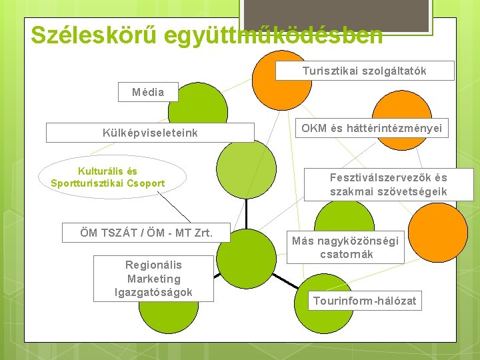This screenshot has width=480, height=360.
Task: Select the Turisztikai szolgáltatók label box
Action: pos(364,71)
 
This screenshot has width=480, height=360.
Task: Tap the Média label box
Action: pos(148,92)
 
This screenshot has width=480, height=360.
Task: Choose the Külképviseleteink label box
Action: pos(150,133)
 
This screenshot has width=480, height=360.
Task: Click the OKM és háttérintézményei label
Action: pos(371,129)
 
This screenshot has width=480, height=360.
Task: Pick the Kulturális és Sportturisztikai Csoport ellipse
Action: pos(108,177)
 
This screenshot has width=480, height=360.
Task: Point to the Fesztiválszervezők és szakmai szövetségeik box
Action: pos(389,185)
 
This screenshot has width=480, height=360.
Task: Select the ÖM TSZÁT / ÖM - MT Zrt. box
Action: pos(146,233)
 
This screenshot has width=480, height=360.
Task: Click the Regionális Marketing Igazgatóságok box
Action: pos(153,279)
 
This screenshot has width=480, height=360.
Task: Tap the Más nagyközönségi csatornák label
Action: pos(345,247)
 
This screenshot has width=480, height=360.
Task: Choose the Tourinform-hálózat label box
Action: pos(365,301)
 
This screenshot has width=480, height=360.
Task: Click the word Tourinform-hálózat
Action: pos(365,301)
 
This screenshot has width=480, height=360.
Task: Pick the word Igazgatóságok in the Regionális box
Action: pos(153,292)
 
